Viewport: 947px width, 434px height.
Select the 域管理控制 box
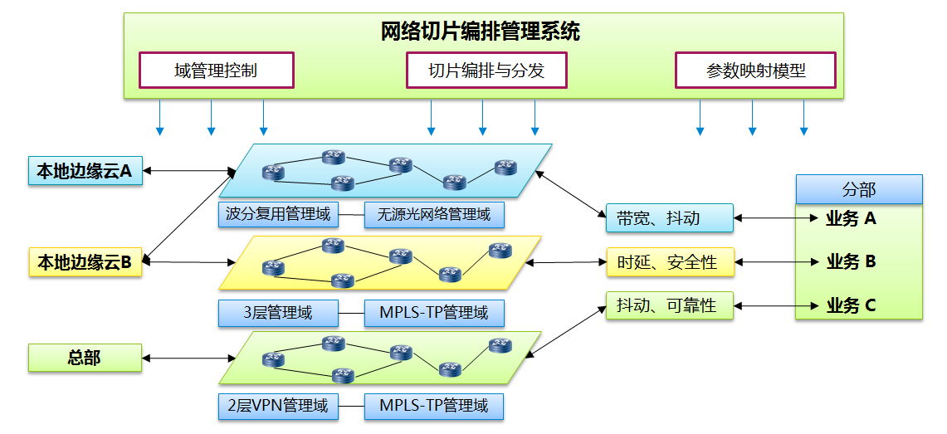(216, 71)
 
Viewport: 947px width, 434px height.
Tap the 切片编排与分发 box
(486, 71)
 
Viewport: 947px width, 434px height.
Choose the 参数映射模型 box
(755, 71)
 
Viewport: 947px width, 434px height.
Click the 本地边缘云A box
(85, 171)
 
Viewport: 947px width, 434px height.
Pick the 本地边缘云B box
(85, 262)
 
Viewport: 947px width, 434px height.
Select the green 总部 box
(85, 358)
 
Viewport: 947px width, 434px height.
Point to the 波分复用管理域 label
(278, 215)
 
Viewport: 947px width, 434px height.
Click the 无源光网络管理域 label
(434, 215)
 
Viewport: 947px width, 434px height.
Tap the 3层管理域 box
(278, 313)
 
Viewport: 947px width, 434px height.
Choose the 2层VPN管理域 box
(278, 406)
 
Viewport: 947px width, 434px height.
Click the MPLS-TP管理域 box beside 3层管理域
(434, 313)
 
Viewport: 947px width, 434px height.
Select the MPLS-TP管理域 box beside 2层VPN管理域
(434, 406)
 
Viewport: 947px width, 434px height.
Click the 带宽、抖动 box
(670, 217)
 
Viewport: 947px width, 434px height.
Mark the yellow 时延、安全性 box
(670, 262)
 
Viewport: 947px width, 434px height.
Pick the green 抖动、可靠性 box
(670, 305)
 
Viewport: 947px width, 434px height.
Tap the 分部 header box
(858, 189)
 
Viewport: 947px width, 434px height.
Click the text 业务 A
(851, 219)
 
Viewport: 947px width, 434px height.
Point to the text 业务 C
(851, 305)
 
